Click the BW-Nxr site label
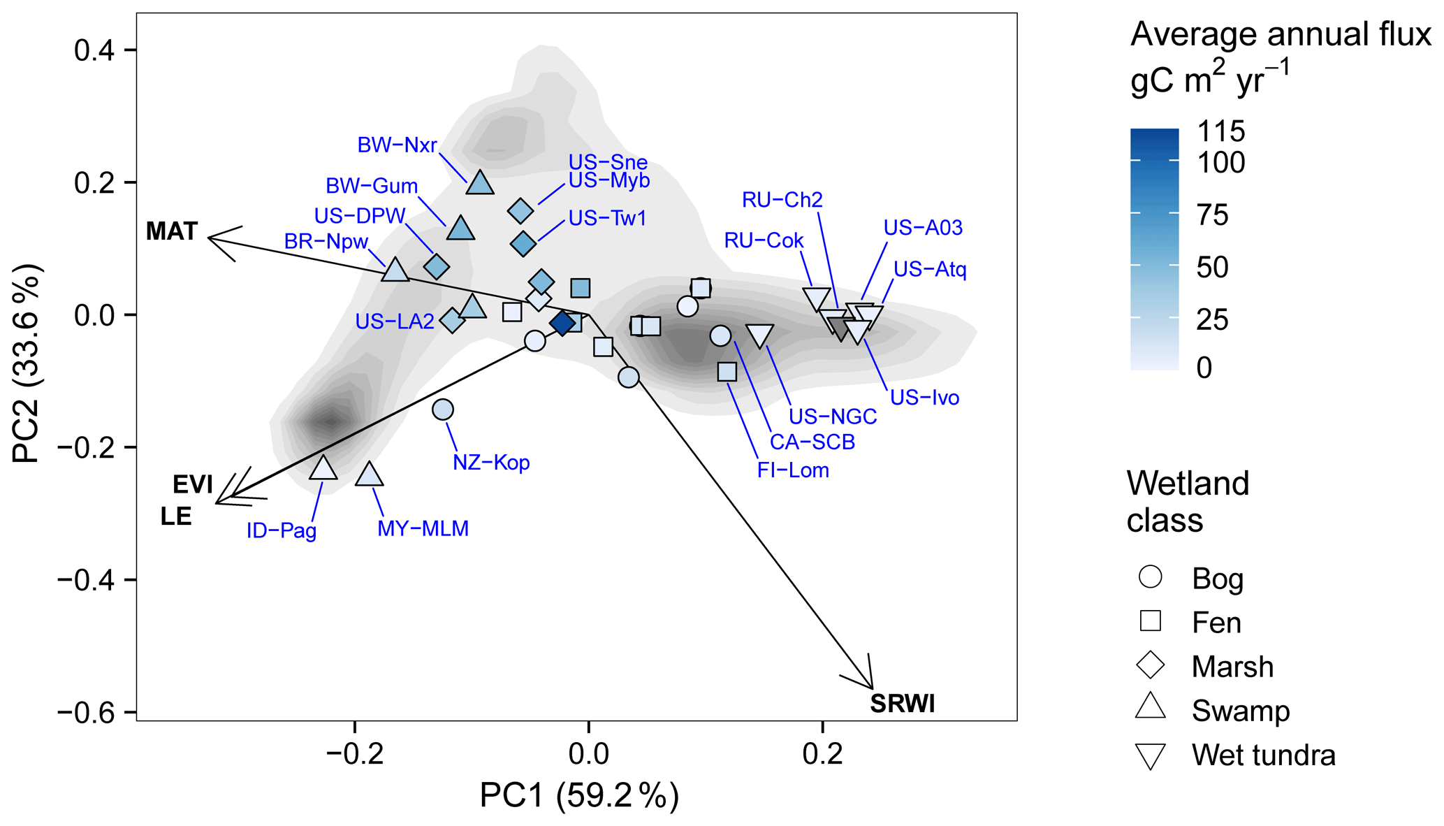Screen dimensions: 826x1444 397,145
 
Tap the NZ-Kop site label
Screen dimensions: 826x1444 491,463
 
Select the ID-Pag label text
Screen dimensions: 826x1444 282,530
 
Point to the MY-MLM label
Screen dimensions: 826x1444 423,528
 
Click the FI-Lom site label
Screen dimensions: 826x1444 793,470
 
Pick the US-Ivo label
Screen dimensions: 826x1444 924,398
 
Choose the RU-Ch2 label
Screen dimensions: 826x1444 782,200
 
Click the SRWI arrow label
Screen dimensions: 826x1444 902,704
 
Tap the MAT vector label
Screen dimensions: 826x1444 172,231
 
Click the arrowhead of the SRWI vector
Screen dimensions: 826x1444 871,686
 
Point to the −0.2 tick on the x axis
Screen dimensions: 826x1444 354,755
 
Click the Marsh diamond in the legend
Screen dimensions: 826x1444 1151,665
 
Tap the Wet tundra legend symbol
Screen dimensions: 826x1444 1151,756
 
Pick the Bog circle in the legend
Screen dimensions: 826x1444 1151,577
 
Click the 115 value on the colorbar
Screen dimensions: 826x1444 1221,131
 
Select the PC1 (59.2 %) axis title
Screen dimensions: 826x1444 579,796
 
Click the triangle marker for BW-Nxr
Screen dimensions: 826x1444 480,183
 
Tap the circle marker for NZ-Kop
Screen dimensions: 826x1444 443,410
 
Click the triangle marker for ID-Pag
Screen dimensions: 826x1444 323,468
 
